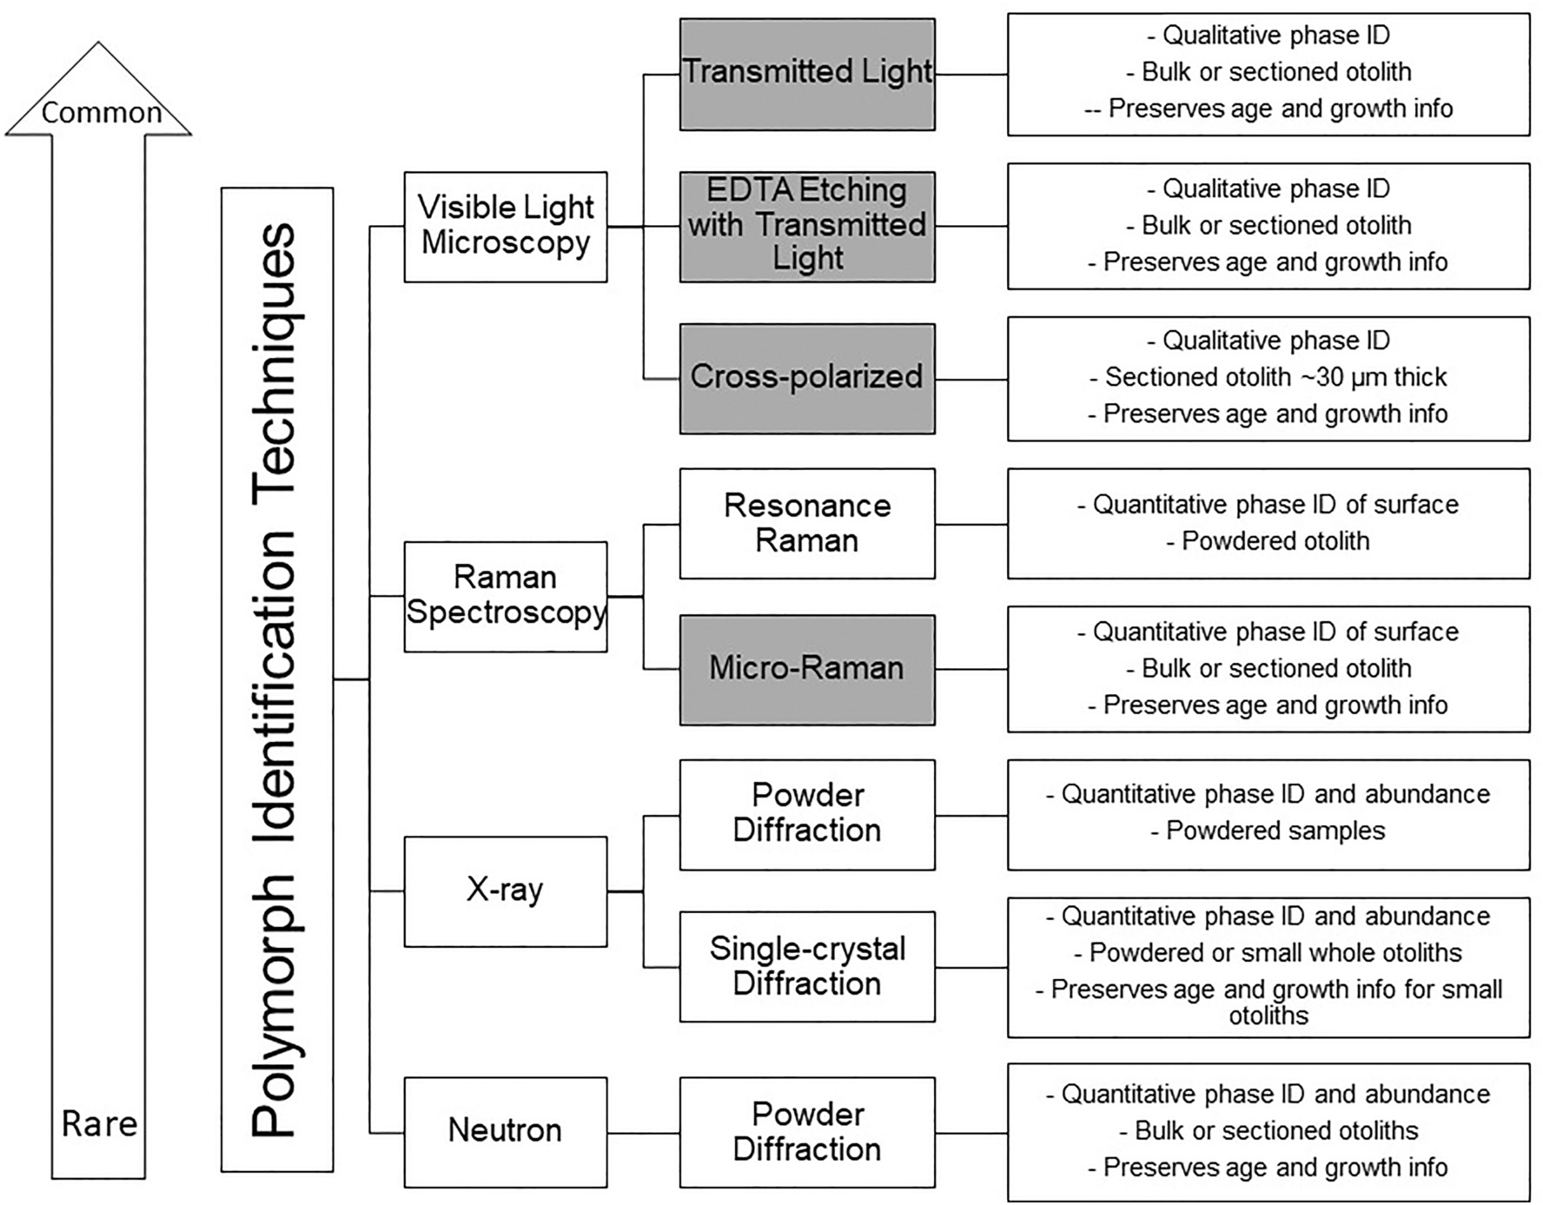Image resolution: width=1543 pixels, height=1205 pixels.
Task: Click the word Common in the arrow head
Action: point(101,113)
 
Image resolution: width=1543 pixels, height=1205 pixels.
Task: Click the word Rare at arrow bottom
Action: point(99,1124)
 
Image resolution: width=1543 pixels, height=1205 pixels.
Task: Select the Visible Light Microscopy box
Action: point(506,226)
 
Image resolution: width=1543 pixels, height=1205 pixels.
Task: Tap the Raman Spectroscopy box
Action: point(506,596)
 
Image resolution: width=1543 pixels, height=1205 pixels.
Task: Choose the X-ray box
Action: point(506,891)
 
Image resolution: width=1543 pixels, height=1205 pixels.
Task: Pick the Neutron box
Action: point(506,1131)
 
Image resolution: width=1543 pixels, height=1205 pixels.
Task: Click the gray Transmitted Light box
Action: point(807,74)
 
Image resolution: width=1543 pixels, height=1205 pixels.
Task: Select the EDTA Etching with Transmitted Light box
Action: point(807,226)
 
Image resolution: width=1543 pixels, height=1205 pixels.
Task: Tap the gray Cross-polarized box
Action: point(807,378)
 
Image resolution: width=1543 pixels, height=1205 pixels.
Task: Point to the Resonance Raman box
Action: point(807,523)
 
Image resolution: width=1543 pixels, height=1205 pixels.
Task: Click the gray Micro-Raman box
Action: point(807,669)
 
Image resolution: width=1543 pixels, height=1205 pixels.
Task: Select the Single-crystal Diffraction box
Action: point(807,966)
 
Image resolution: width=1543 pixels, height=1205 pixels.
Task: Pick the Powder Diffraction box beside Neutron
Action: point(807,1131)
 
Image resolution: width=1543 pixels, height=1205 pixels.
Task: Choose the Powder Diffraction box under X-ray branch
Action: point(807,814)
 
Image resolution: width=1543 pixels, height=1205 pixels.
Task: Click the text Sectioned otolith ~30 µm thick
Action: point(1268,377)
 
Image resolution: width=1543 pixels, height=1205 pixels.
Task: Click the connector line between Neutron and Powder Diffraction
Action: point(643,1133)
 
